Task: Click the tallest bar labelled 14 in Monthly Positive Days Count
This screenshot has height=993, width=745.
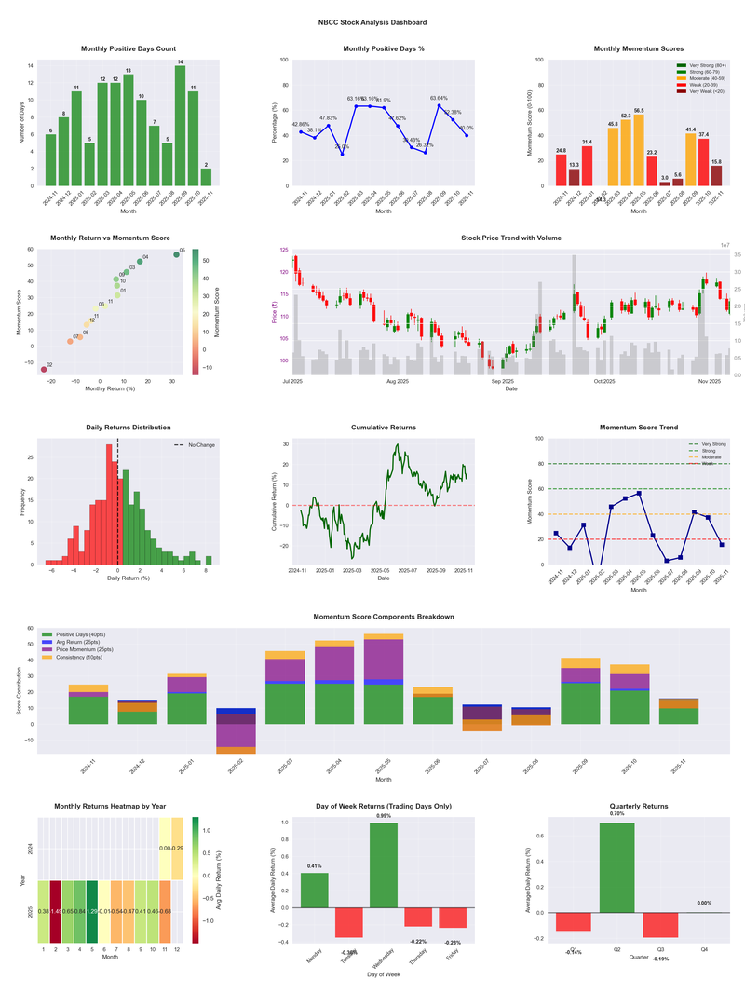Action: pyautogui.click(x=180, y=126)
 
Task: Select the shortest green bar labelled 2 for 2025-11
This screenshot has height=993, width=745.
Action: pyautogui.click(x=206, y=177)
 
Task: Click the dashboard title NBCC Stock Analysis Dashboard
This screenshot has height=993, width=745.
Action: pyautogui.click(x=372, y=22)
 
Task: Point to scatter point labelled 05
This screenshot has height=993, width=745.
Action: pyautogui.click(x=176, y=254)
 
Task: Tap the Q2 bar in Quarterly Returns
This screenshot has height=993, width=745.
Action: pyautogui.click(x=617, y=867)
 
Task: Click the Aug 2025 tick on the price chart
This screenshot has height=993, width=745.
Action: pyautogui.click(x=398, y=381)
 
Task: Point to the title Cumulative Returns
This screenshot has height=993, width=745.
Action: pyautogui.click(x=384, y=428)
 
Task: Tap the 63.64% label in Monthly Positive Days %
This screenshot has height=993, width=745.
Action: pyautogui.click(x=439, y=98)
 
